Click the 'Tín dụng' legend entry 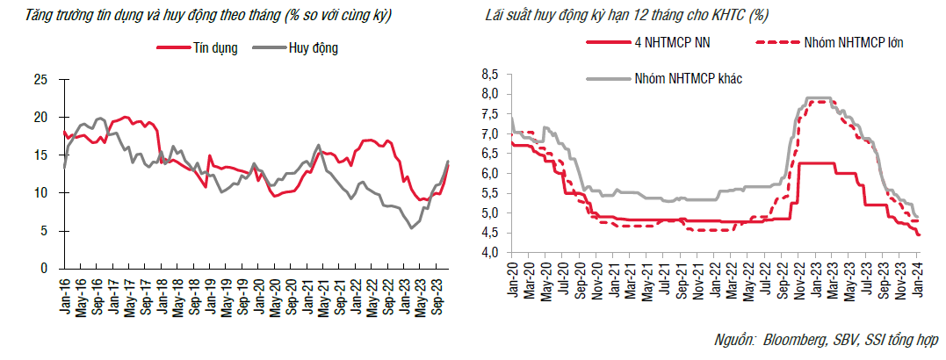point(215,48)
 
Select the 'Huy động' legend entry point(313,48)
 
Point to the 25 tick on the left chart point(40,80)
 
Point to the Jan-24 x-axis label point(920,280)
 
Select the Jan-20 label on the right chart point(512,280)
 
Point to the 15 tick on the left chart point(40,155)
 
